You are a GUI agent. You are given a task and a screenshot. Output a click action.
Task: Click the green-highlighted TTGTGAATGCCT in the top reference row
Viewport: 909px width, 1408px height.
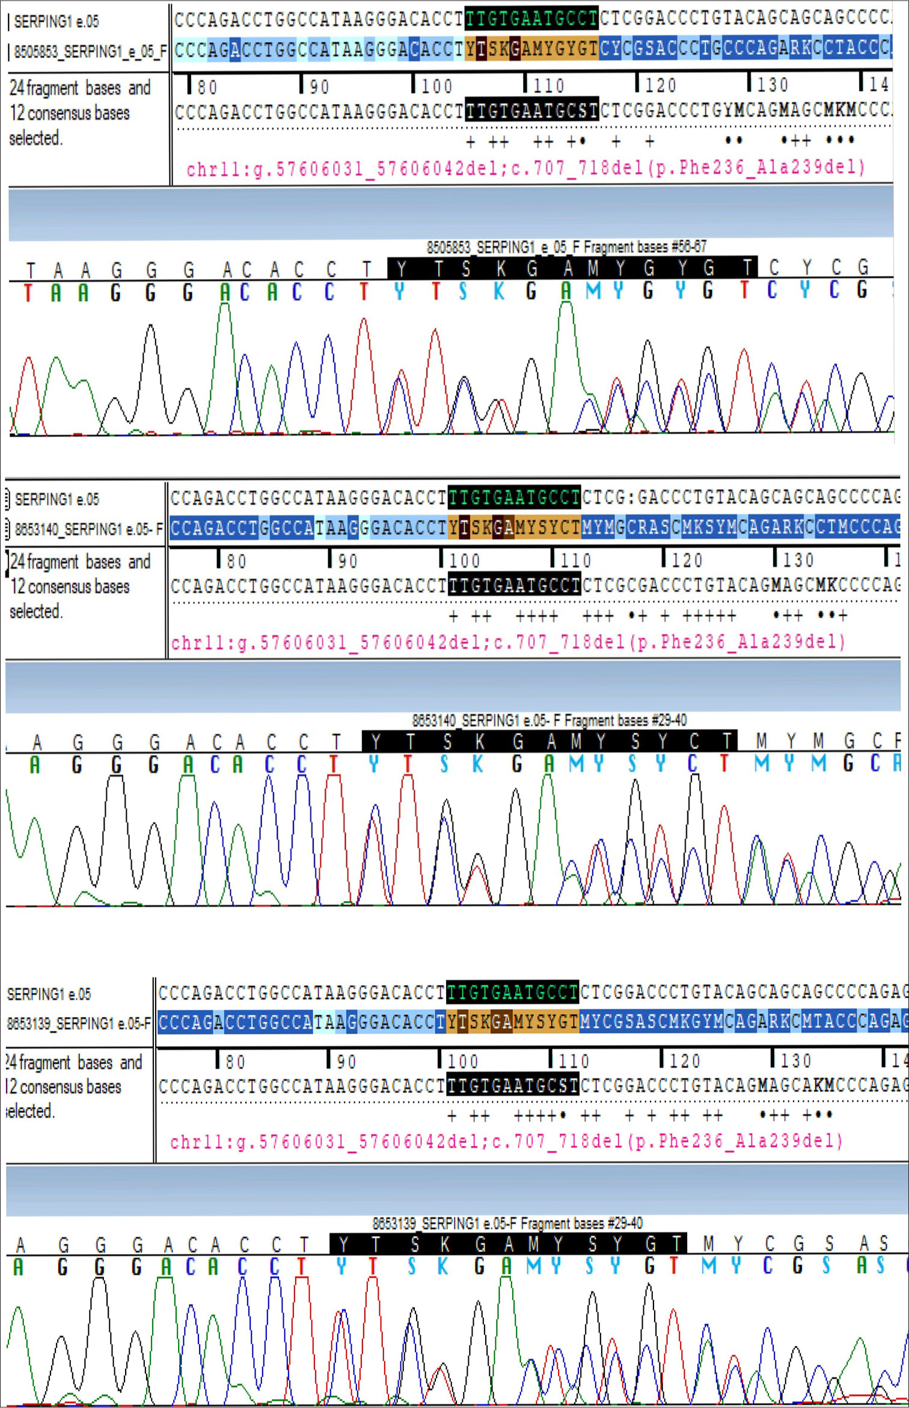coord(531,19)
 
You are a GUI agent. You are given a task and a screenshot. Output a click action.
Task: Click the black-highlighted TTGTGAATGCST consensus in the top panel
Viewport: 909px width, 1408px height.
coord(531,111)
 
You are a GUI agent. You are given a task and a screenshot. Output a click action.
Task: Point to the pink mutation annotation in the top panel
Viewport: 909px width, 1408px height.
coord(525,168)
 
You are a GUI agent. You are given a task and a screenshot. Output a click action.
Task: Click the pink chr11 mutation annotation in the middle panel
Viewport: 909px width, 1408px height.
coord(509,643)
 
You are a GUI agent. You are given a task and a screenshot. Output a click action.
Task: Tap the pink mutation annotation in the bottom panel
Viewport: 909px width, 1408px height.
coord(506,1141)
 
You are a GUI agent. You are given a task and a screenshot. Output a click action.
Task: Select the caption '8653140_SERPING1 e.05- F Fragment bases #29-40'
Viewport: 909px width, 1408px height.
coord(549,721)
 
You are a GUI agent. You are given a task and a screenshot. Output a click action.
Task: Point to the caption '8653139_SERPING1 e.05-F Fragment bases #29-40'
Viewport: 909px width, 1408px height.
coord(507,1223)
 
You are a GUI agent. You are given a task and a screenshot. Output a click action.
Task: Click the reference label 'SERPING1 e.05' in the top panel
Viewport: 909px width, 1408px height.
coord(57,22)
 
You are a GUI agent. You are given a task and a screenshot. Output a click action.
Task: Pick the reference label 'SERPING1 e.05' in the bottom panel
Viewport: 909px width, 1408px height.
coord(49,994)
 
